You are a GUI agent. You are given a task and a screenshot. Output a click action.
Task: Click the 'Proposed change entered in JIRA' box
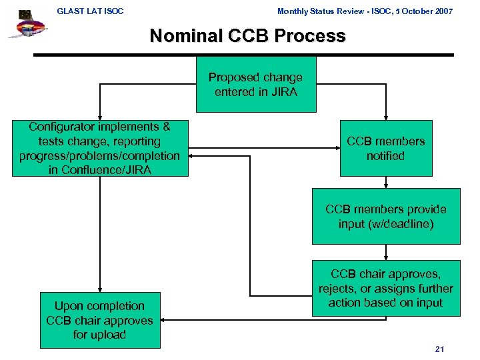click(255, 85)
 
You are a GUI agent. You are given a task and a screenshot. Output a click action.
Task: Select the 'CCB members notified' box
click(385, 148)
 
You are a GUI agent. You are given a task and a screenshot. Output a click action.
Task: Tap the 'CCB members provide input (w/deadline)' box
click(385, 217)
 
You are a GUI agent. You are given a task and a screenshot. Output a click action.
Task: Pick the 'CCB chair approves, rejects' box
click(385, 288)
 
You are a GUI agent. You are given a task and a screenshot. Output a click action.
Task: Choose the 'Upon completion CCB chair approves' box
click(100, 320)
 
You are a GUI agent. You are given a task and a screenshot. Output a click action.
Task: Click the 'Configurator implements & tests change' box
click(100, 148)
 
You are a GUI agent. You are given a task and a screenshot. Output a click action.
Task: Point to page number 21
click(439, 349)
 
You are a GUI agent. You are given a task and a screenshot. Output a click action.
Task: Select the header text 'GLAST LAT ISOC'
click(90, 11)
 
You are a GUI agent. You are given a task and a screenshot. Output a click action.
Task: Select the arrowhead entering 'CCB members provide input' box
click(385, 186)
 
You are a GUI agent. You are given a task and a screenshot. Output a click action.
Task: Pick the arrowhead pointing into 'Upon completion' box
click(100, 288)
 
